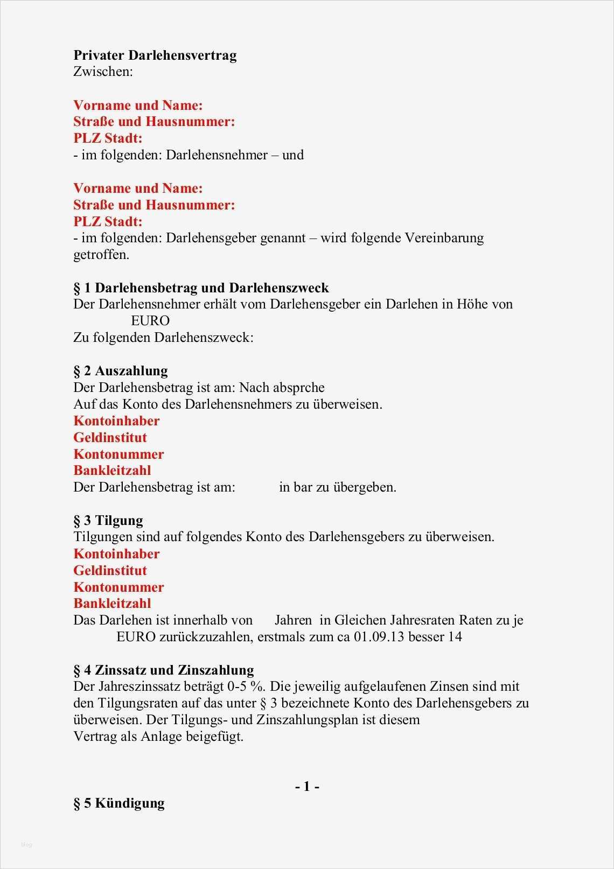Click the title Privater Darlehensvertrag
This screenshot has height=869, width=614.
click(x=155, y=55)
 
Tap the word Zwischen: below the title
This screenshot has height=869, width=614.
click(x=103, y=72)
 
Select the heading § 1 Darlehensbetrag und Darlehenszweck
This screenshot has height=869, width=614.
click(x=201, y=288)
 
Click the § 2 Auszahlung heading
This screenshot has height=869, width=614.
click(x=121, y=371)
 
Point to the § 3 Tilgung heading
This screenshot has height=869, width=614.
click(x=108, y=521)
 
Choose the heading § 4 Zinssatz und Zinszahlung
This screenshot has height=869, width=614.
click(x=163, y=670)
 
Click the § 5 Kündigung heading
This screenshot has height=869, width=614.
click(x=119, y=803)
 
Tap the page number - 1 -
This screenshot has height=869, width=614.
click(x=307, y=787)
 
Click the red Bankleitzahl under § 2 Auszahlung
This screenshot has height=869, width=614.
click(x=112, y=471)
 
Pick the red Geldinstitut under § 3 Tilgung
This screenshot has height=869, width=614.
click(x=110, y=571)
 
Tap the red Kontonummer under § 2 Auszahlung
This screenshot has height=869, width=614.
click(x=118, y=454)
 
